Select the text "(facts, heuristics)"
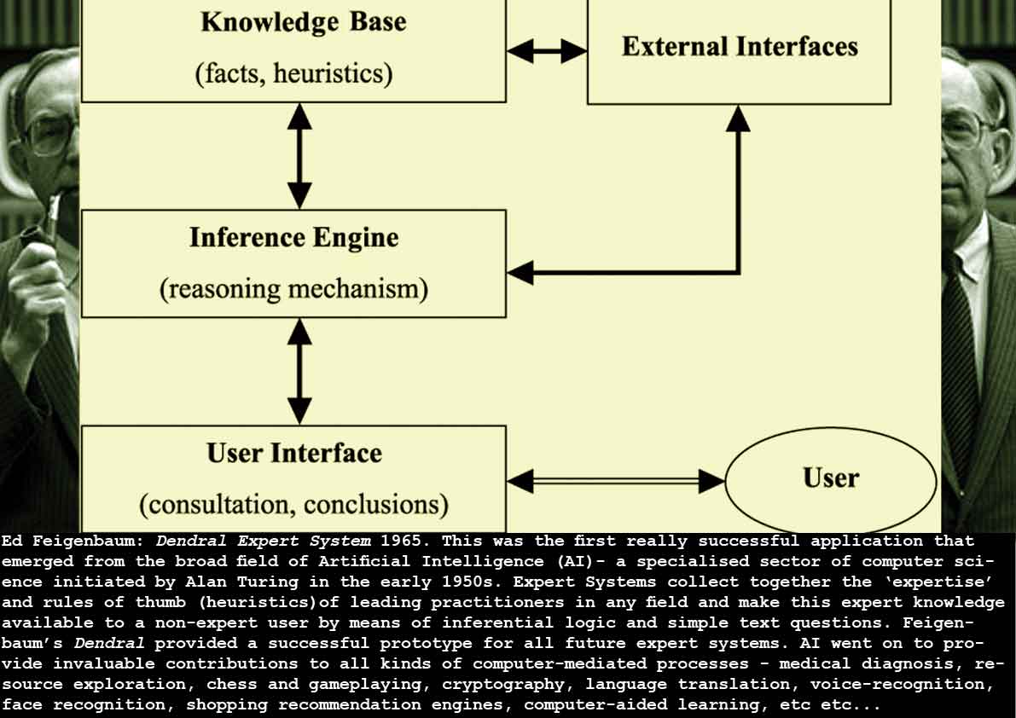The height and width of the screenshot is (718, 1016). pyautogui.click(x=294, y=74)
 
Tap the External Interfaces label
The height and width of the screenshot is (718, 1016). pyautogui.click(x=740, y=46)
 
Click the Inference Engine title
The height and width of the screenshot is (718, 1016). pyautogui.click(x=294, y=237)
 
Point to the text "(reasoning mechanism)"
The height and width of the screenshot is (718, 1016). pyautogui.click(x=294, y=289)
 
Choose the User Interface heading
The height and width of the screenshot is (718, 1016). pyautogui.click(x=294, y=453)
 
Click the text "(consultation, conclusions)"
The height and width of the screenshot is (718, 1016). pyautogui.click(x=294, y=505)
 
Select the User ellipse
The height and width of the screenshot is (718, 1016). pyautogui.click(x=830, y=479)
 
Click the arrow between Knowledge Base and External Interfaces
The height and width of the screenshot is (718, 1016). pyautogui.click(x=547, y=52)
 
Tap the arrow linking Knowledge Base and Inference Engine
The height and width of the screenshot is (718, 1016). pyautogui.click(x=299, y=155)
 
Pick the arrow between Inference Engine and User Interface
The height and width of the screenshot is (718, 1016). pyautogui.click(x=299, y=371)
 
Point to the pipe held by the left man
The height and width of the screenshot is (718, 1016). pyautogui.click(x=53, y=217)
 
